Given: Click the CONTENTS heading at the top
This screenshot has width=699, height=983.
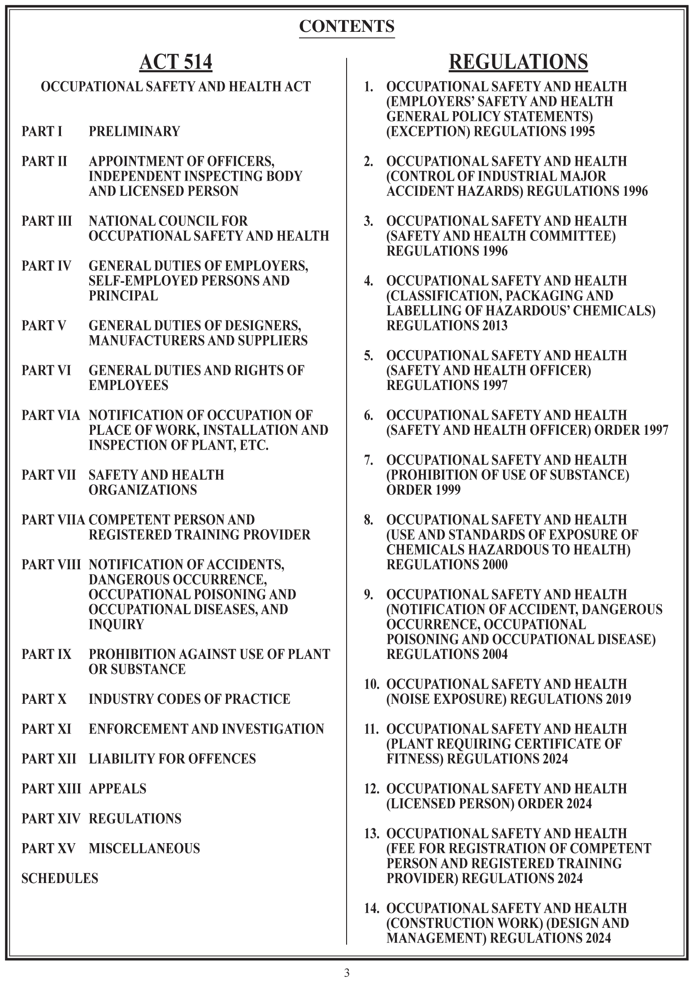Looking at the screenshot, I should point(347,26).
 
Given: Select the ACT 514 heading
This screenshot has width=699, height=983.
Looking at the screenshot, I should point(175,62).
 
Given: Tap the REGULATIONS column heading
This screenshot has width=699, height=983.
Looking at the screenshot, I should point(518,62).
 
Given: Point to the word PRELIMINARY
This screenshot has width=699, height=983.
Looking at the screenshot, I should point(134,131).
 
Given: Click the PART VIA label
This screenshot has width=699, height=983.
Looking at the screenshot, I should point(51,415).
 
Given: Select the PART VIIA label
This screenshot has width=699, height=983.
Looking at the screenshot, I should point(53,520).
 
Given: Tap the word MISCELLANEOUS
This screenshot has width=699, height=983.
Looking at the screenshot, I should point(144,848).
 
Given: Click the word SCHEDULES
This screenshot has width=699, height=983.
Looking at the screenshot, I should point(60,878).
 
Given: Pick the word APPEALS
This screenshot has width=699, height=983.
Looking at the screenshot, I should point(117,788).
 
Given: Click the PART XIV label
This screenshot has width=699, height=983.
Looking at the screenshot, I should point(51,818).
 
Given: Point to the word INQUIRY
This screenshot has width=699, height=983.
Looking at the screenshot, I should point(116,624).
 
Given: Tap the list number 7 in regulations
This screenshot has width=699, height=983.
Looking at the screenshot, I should point(368,460).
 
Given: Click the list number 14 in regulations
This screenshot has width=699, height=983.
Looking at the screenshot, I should point(371,908).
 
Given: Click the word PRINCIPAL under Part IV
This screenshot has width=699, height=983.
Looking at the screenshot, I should point(123,296).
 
